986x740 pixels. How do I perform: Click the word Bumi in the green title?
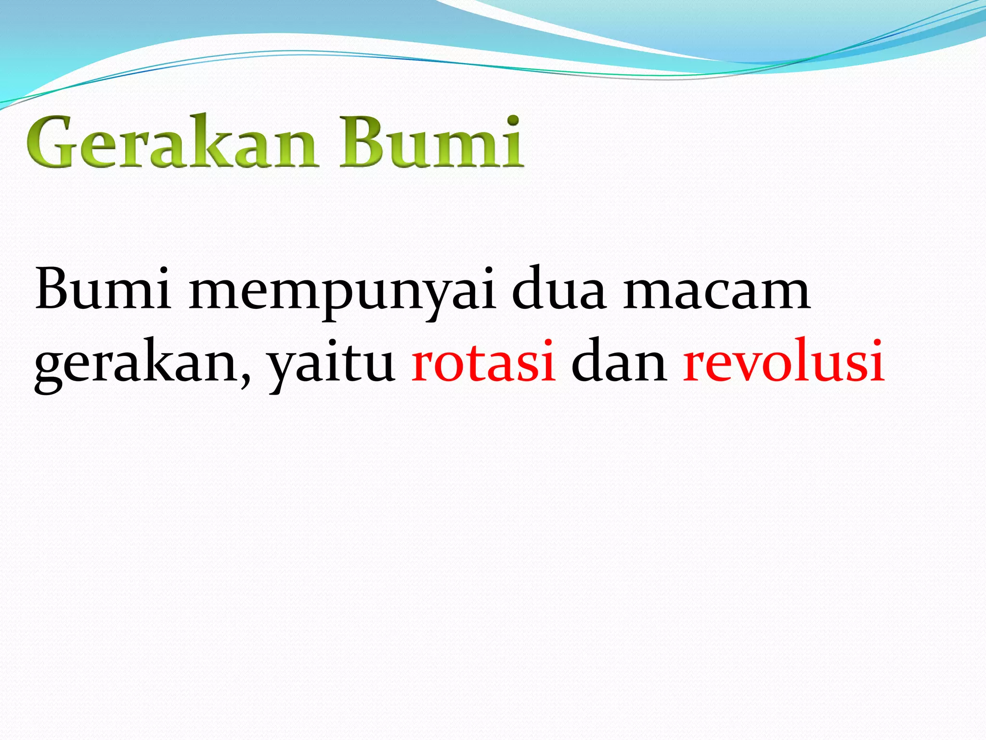431,143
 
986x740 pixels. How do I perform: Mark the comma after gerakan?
246,379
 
